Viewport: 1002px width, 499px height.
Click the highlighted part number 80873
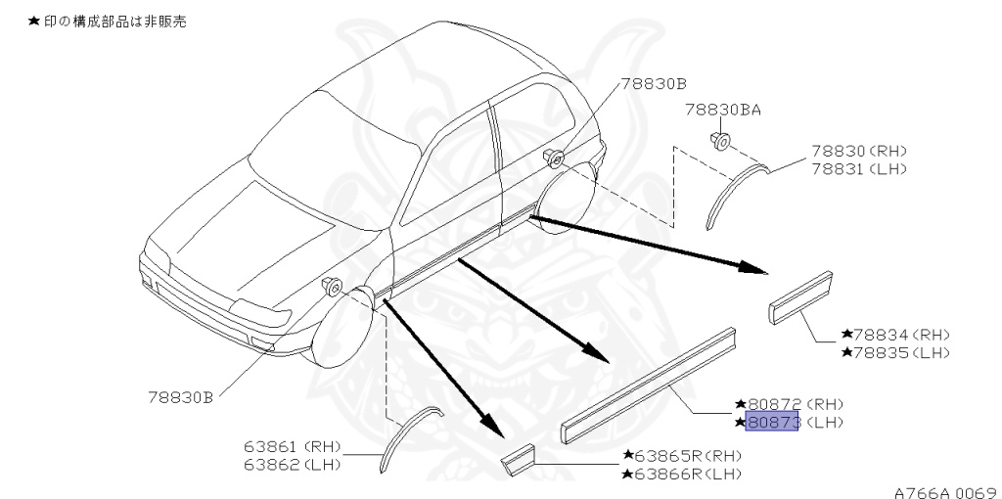coord(772,423)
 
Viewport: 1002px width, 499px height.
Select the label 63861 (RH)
coord(293,447)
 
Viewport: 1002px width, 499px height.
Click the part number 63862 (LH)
coord(293,465)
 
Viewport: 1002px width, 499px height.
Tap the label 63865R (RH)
coord(681,456)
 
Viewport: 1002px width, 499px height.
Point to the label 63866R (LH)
coord(681,475)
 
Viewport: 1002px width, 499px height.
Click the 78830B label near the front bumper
coord(180,397)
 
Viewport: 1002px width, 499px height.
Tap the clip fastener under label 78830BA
coord(719,141)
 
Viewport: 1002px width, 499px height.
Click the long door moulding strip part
coord(651,377)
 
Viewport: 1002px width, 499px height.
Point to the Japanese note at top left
coord(107,21)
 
